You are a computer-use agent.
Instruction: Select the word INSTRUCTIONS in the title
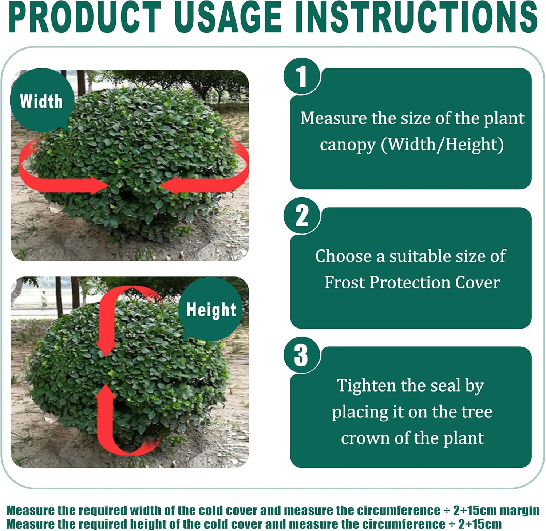416,17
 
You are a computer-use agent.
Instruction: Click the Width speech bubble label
41,101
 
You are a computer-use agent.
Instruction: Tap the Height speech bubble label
211,310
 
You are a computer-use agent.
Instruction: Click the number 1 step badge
301,76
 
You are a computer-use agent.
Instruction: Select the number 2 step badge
301,216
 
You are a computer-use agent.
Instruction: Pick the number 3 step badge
301,355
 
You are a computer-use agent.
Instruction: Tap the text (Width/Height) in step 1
442,145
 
